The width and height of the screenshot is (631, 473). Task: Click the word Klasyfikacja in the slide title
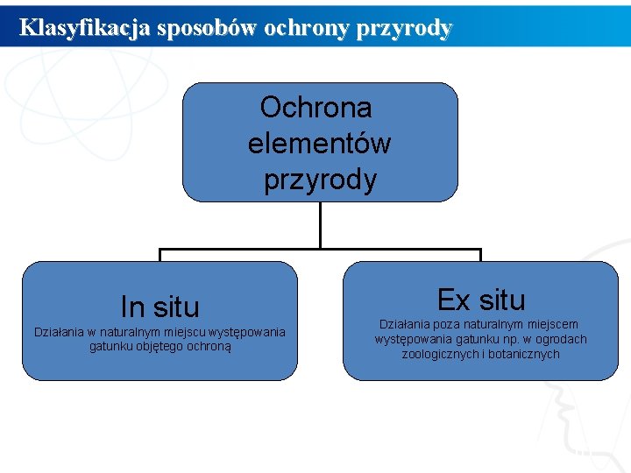[85, 27]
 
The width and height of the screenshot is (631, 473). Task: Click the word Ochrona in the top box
[316, 108]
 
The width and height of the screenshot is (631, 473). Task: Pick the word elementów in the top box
[320, 143]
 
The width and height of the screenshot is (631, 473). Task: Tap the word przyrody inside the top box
[321, 180]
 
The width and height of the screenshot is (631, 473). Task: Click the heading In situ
[160, 307]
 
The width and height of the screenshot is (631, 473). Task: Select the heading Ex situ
[480, 300]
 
